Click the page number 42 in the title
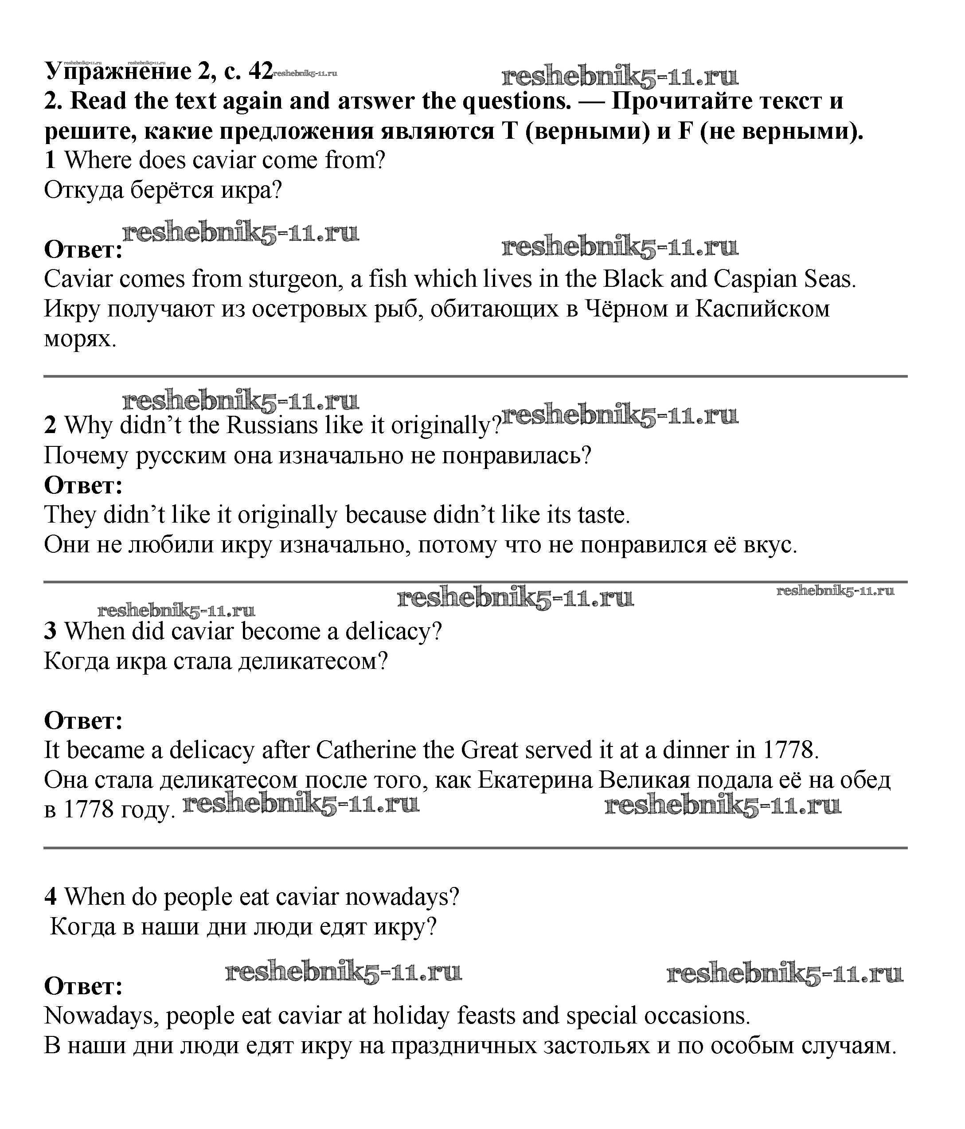[x=260, y=71]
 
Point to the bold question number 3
[x=50, y=631]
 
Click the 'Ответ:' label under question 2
[x=83, y=485]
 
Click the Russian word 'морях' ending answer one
[x=79, y=339]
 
